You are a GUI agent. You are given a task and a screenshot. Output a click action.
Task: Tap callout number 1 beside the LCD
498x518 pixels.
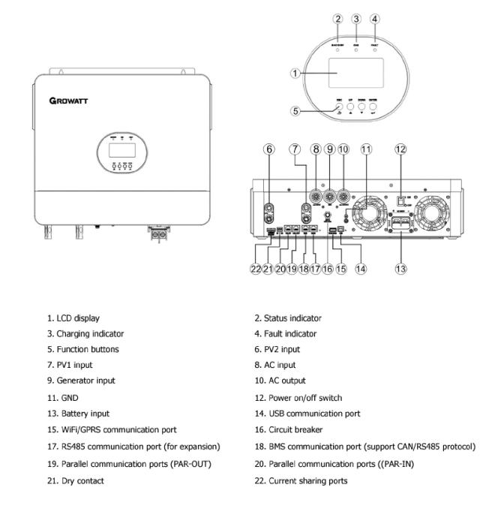296,74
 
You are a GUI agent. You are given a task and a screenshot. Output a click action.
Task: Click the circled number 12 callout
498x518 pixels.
400,149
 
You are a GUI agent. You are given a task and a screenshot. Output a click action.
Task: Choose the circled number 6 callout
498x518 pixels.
268,149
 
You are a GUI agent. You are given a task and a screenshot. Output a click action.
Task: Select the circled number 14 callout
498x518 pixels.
360,269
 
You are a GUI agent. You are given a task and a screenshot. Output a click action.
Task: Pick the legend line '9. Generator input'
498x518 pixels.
86,381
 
